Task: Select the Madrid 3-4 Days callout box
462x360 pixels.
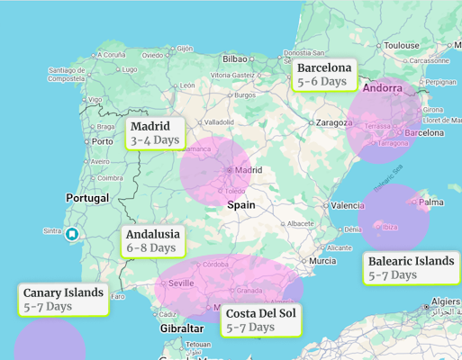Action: click(x=155, y=133)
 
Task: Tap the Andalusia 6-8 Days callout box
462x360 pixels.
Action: click(x=152, y=240)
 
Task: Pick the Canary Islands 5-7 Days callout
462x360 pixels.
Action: click(x=63, y=299)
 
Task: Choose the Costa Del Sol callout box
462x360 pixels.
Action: click(x=261, y=319)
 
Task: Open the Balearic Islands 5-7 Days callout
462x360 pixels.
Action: click(x=411, y=267)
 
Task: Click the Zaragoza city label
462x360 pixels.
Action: click(x=332, y=122)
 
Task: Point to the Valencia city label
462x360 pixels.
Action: click(x=347, y=205)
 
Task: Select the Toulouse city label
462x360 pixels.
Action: click(x=401, y=45)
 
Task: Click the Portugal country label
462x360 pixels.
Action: click(x=87, y=197)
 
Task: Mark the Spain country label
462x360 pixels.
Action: click(x=240, y=204)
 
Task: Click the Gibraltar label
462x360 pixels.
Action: click(x=182, y=328)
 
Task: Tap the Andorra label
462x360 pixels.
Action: click(x=382, y=88)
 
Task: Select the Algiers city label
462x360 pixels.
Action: click(x=445, y=301)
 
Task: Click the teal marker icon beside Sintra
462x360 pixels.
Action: click(x=72, y=234)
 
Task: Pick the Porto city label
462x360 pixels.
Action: click(x=103, y=141)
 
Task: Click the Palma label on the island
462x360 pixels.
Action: click(x=430, y=202)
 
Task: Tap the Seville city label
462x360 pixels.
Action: click(x=180, y=283)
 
